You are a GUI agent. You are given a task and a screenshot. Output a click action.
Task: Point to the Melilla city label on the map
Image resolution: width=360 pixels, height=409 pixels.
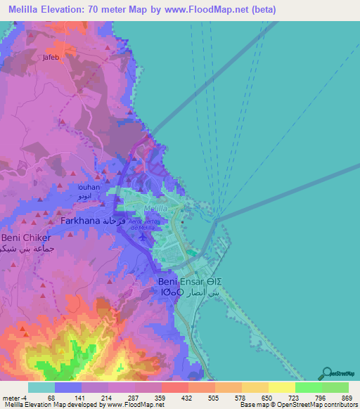tap(155, 209)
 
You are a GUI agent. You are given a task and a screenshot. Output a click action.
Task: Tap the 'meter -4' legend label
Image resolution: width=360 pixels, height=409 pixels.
tap(15, 398)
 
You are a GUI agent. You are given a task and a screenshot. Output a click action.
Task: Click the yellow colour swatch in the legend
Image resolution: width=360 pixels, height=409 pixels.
tap(281, 387)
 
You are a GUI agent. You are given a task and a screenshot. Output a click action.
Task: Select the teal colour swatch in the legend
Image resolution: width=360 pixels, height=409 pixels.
tap(41, 387)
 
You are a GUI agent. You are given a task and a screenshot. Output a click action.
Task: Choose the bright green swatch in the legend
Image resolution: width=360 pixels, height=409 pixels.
tap(308, 387)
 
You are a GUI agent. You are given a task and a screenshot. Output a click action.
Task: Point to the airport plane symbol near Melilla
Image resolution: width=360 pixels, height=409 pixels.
tap(145, 237)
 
